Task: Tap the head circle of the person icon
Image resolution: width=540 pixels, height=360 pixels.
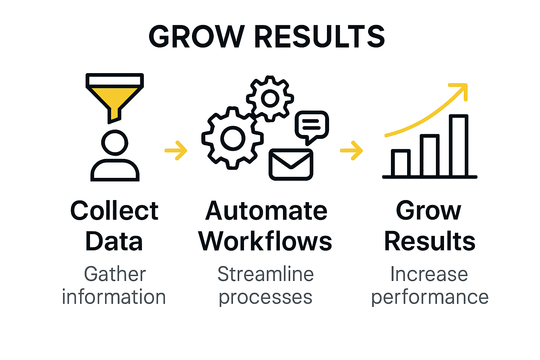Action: pyautogui.click(x=115, y=142)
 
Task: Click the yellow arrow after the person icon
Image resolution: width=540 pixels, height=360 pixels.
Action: pyautogui.click(x=176, y=150)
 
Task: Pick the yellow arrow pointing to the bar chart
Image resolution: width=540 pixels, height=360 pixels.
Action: pyautogui.click(x=352, y=150)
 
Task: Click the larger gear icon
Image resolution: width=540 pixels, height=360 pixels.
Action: pyautogui.click(x=232, y=137)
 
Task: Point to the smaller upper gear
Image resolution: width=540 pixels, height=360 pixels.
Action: pyautogui.click(x=270, y=98)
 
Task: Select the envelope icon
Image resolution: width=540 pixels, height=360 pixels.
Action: pyautogui.click(x=291, y=165)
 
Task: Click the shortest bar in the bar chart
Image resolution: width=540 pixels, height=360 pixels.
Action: pyautogui.click(x=401, y=163)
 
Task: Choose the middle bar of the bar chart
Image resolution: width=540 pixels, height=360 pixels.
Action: pyautogui.click(x=430, y=155)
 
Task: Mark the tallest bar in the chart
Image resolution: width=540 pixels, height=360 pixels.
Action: pyautogui.click(x=459, y=145)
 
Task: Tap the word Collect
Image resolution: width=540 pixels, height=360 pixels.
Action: pyautogui.click(x=114, y=211)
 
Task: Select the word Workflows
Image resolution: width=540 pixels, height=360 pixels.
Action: pyautogui.click(x=265, y=242)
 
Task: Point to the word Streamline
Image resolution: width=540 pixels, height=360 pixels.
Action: pyautogui.click(x=265, y=274)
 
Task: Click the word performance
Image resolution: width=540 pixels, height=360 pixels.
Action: pyautogui.click(x=430, y=297)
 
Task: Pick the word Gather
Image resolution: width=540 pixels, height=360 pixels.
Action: pyautogui.click(x=115, y=274)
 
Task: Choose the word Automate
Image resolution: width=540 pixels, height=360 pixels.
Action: pyautogui.click(x=266, y=211)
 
